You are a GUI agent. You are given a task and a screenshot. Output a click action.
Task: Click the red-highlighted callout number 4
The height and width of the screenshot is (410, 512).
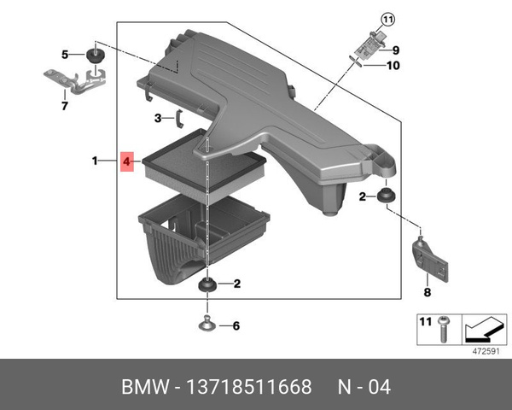point(126,161)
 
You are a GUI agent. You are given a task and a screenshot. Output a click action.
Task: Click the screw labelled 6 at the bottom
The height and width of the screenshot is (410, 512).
point(207,325)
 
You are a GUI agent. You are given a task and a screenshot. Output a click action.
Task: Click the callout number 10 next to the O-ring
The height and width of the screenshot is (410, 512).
point(393,65)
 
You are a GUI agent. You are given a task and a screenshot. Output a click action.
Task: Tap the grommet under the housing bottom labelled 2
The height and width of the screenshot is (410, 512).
point(206,284)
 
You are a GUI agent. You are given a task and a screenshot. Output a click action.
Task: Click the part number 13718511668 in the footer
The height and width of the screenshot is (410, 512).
point(254,387)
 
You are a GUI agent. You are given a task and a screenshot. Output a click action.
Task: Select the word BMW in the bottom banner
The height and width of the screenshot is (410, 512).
point(143,387)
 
